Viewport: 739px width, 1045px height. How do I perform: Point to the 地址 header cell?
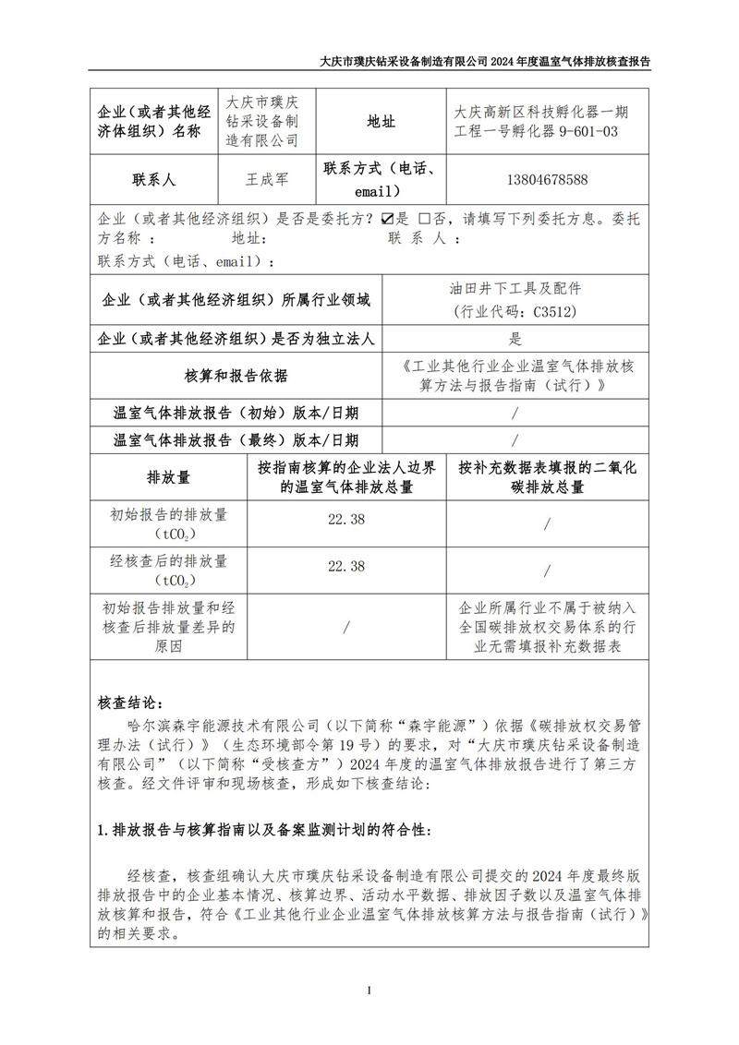[x=381, y=121]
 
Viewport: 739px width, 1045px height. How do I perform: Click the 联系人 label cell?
[x=154, y=179]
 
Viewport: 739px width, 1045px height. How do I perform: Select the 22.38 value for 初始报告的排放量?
[x=346, y=520]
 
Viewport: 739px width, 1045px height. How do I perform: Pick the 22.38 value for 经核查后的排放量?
[x=346, y=565]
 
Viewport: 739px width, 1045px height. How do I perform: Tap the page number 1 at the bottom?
[x=369, y=991]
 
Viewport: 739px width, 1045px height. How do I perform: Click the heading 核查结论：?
[x=129, y=694]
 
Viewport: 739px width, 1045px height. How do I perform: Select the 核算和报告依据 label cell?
[x=236, y=376]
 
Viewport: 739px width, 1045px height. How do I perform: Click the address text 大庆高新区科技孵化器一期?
[x=541, y=112]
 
